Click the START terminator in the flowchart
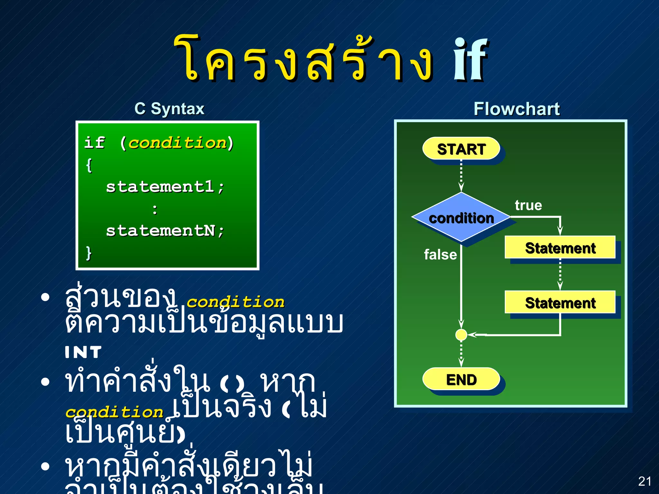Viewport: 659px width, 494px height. click(x=461, y=149)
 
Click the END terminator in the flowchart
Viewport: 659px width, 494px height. click(x=461, y=379)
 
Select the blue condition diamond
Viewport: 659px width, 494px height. click(x=461, y=218)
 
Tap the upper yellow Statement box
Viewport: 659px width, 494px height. click(x=560, y=248)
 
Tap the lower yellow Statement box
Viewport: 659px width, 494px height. click(x=560, y=302)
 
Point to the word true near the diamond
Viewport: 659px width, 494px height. click(x=528, y=205)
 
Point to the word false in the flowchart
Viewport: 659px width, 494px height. click(x=440, y=254)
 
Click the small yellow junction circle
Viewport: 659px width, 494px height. click(x=461, y=335)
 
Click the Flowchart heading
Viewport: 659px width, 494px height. click(x=516, y=109)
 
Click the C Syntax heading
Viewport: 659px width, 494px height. click(x=169, y=109)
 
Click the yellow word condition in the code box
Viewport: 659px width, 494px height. click(x=177, y=143)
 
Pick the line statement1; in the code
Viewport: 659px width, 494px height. click(x=165, y=187)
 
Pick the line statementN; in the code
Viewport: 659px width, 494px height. click(x=165, y=231)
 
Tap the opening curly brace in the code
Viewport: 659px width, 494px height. click(x=89, y=165)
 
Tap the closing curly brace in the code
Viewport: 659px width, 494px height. click(x=89, y=253)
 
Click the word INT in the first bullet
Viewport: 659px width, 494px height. click(x=83, y=352)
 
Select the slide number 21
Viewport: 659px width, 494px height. click(x=645, y=481)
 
